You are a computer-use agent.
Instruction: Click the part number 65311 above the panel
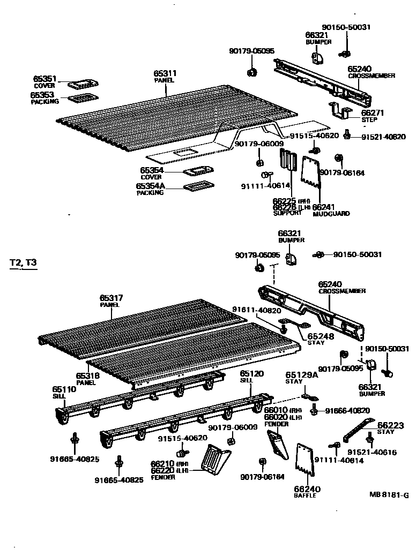pos(165,73)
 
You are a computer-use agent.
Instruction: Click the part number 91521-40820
pos(383,137)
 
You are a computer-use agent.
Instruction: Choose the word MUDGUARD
pos(331,214)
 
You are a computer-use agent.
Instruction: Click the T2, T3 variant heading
pos(24,263)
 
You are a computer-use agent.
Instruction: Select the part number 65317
pos(112,298)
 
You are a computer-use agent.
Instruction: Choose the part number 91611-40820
pos(256,310)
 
